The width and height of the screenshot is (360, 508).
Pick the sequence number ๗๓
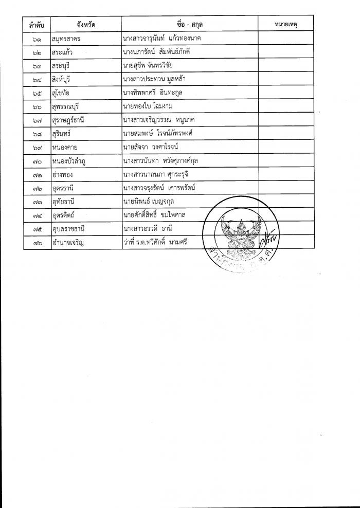pyautogui.click(x=36, y=202)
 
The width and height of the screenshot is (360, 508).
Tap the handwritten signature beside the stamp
pyautogui.click(x=269, y=239)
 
